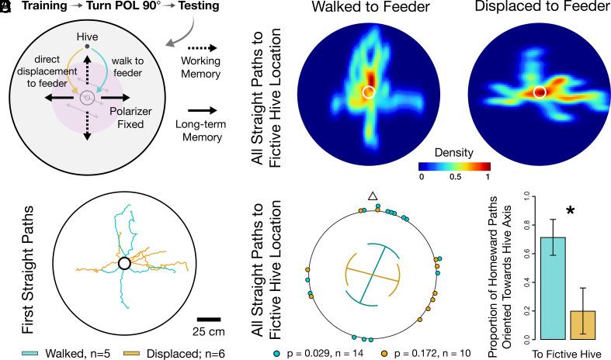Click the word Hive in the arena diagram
pos(87,36)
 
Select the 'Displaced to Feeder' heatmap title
pos(540,9)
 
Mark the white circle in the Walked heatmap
pos(370,92)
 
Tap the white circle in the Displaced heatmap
pos(541,92)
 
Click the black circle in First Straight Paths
pos(123,264)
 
